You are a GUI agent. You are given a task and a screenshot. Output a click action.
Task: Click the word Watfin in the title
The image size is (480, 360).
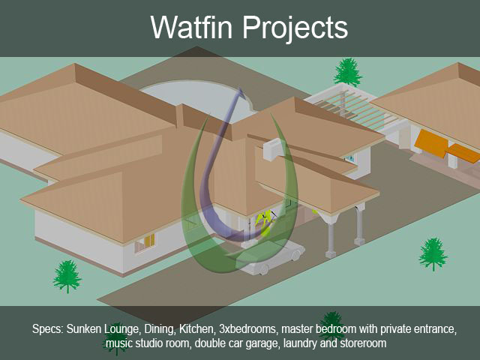pyautogui.click(x=192, y=27)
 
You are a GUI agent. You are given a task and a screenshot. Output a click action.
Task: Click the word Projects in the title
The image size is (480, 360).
pyautogui.click(x=295, y=28)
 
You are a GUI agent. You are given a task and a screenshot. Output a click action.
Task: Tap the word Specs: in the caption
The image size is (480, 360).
pyautogui.click(x=48, y=329)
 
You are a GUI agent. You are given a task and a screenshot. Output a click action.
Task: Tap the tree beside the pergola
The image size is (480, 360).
pyautogui.click(x=347, y=72)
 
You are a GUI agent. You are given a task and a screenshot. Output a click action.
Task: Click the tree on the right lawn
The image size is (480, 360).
pyautogui.click(x=433, y=254)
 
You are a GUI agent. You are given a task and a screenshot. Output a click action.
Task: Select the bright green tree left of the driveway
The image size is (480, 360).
pyautogui.click(x=67, y=277)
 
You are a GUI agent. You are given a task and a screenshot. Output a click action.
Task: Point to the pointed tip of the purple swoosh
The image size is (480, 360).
pyautogui.click(x=240, y=88)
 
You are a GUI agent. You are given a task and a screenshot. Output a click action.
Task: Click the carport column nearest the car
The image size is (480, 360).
pyautogui.click(x=331, y=239)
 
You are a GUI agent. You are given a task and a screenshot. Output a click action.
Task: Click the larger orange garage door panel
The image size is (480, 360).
pyautogui.click(x=432, y=143)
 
